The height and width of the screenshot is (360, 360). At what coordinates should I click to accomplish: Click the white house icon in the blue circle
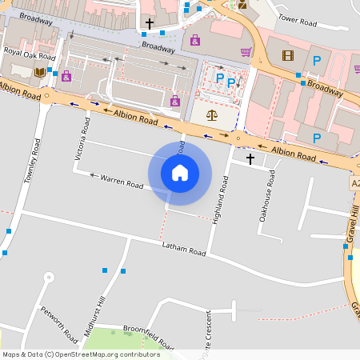[x=180, y=172]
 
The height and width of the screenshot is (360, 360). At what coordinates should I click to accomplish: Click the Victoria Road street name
[x=81, y=141]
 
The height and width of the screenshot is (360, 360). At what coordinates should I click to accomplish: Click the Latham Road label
[x=183, y=249]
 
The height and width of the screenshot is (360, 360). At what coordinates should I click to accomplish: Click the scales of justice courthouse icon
[x=211, y=115]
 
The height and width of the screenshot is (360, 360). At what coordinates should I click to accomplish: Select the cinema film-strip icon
[x=288, y=55]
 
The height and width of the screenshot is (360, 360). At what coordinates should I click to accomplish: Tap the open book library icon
[x=39, y=73]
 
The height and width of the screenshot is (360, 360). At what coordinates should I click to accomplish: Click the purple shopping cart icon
[x=246, y=52]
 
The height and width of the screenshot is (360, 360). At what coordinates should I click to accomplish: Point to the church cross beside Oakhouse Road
[x=250, y=159]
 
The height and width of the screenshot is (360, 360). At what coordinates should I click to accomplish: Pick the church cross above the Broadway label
[x=149, y=24]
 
